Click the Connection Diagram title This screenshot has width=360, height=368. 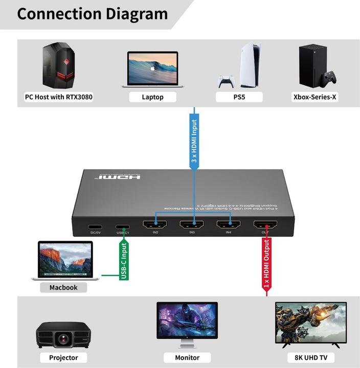click(93, 14)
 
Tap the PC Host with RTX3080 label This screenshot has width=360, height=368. click(59, 97)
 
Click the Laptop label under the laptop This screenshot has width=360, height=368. click(153, 97)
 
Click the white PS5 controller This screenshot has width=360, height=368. click(227, 82)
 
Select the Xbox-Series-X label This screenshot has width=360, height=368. click(314, 97)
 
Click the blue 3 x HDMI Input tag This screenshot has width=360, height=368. click(194, 141)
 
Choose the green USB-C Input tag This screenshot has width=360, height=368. click(123, 261)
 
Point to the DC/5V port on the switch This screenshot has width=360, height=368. click(95, 227)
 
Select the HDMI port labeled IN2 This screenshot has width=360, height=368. click(155, 225)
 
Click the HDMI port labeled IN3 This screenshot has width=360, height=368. click(192, 225)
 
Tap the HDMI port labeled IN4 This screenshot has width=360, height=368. click(229, 225)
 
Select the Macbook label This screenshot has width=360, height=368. click(63, 287)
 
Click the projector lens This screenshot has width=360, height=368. click(63, 338)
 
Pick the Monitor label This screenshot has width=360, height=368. click(187, 357)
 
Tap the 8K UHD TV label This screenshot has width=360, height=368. click(311, 357)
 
